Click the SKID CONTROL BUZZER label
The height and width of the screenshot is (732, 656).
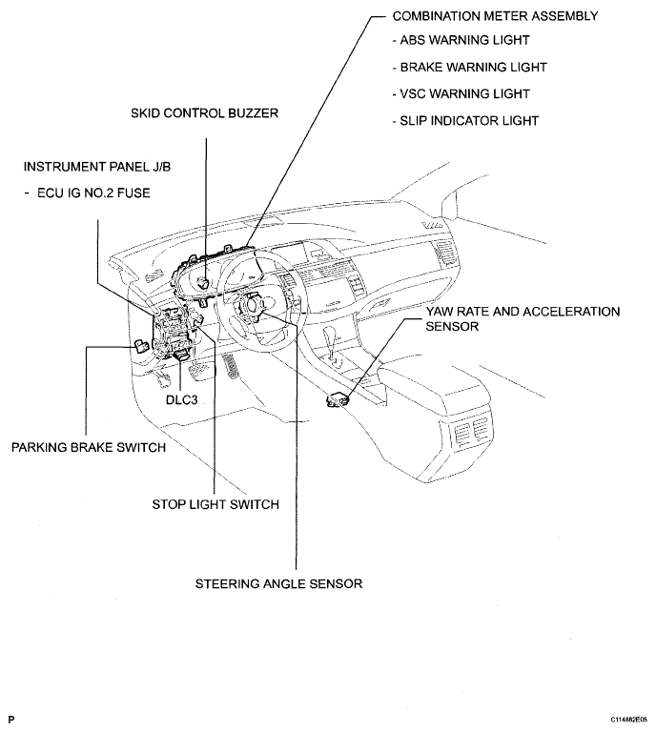pyautogui.click(x=204, y=113)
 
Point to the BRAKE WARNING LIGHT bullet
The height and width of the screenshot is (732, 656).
pyautogui.click(x=468, y=68)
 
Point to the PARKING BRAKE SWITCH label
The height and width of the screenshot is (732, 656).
pyautogui.click(x=89, y=447)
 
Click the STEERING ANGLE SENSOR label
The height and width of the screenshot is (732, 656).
pyautogui.click(x=278, y=583)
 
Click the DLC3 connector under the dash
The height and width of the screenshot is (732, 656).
pyautogui.click(x=180, y=355)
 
